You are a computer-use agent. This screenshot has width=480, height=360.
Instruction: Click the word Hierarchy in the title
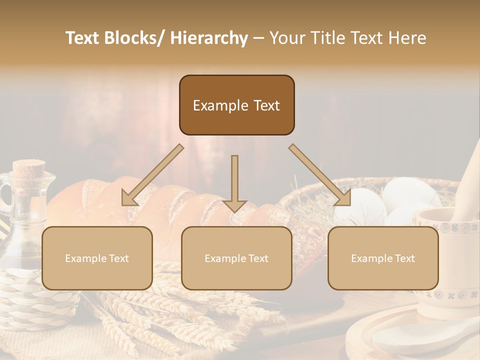click(209, 38)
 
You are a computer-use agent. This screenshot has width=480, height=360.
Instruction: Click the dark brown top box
click(236, 105)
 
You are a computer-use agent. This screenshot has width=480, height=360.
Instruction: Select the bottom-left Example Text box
click(97, 258)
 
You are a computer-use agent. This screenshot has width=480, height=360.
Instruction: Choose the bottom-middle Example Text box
click(236, 258)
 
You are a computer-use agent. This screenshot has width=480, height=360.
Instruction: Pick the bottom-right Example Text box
click(383, 258)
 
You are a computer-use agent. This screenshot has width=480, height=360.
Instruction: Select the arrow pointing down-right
click(320, 175)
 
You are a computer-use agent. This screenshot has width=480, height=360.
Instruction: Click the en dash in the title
click(258, 38)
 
